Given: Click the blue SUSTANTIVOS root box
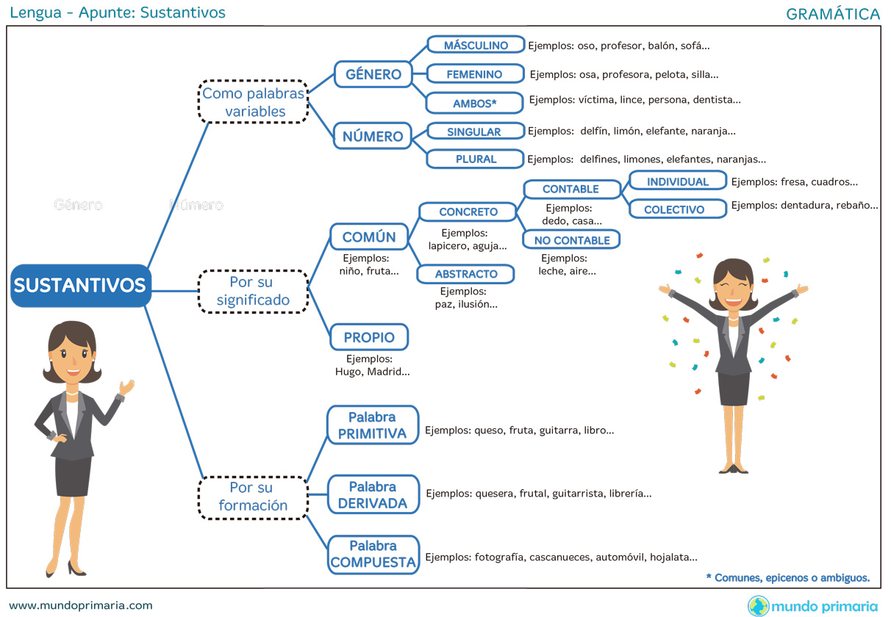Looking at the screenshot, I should [80, 285].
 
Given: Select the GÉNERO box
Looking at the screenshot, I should [373, 74].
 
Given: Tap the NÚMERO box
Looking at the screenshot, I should [373, 136].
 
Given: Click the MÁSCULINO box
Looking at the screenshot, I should [476, 46].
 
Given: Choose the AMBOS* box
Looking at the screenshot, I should [475, 104].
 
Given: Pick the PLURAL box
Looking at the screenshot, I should [475, 159].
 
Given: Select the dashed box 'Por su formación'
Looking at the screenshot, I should [253, 497].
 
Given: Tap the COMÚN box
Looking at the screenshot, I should [369, 237].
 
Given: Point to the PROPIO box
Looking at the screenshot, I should [369, 338].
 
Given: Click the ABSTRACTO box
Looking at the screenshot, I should [466, 274].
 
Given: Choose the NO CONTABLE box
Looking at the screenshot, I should [571, 240].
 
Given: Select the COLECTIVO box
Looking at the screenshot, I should [674, 209].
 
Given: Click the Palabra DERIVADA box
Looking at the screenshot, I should [373, 495].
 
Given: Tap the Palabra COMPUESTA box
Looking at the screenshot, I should [373, 555].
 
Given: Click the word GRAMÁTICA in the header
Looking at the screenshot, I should [833, 14].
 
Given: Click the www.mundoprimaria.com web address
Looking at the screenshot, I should [81, 606].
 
